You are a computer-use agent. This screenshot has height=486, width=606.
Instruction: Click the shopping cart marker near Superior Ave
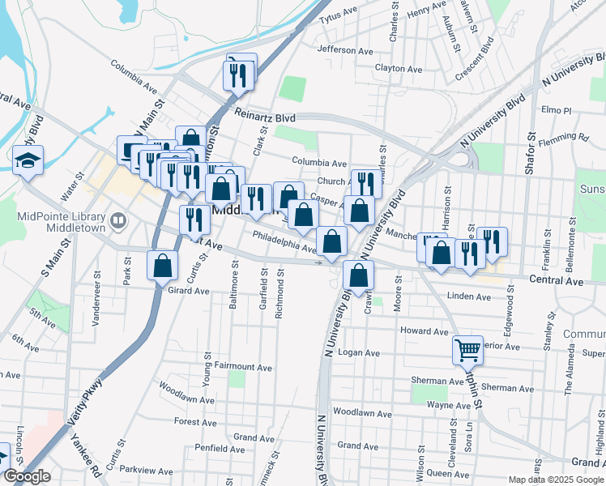point(467,350)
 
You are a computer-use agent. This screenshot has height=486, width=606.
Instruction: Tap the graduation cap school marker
point(28,160)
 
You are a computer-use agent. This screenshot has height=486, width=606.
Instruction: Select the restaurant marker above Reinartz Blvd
point(241,74)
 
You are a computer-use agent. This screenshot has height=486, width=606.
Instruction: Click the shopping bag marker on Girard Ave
point(163,265)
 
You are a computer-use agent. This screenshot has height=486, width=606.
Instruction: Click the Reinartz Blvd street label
point(264,117)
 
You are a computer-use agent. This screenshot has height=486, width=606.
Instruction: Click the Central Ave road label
point(556,280)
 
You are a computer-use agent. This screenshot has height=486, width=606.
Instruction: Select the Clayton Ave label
point(399,70)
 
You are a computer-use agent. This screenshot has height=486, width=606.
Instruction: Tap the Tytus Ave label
point(339,17)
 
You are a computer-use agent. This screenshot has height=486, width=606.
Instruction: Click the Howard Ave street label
point(425,331)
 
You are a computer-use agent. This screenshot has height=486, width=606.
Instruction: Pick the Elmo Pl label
point(557,109)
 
